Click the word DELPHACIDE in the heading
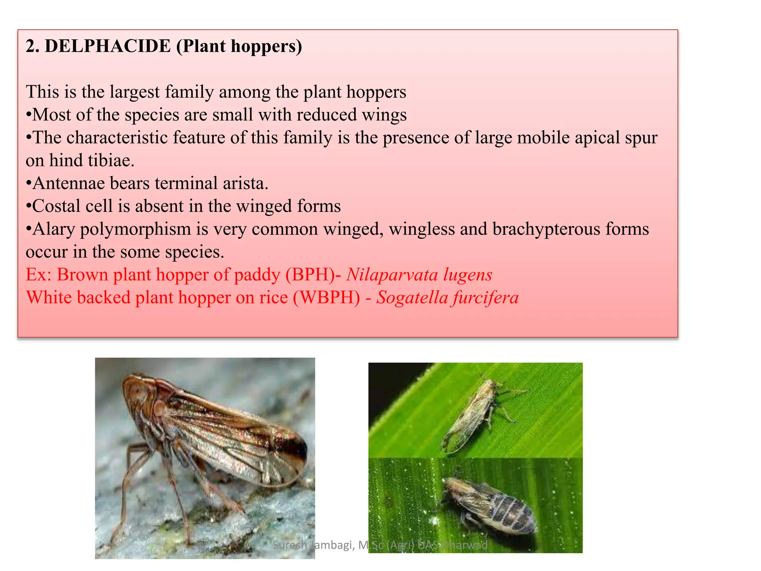click(x=107, y=46)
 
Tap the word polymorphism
click(x=135, y=229)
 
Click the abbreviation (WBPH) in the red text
click(x=327, y=297)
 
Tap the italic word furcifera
click(x=486, y=297)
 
